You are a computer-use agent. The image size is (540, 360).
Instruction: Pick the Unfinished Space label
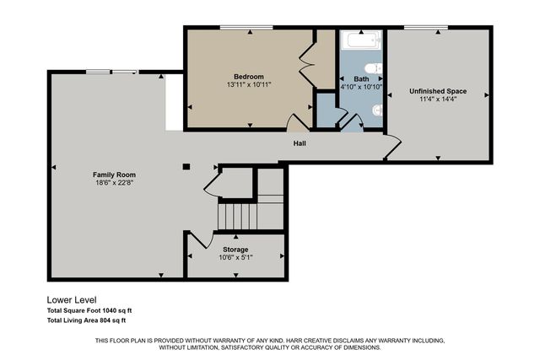pyautogui.click(x=438, y=91)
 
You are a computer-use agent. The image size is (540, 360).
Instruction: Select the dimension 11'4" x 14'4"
pyautogui.click(x=438, y=99)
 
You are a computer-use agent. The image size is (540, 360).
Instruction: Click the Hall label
pyautogui.click(x=300, y=143)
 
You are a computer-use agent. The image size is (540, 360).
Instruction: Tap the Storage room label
pyautogui.click(x=235, y=250)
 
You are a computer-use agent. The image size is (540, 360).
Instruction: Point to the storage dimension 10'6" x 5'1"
pyautogui.click(x=235, y=258)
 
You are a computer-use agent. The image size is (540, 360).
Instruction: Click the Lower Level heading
pyautogui.click(x=72, y=299)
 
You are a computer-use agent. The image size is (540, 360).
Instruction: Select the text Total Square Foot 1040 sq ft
pyautogui.click(x=89, y=310)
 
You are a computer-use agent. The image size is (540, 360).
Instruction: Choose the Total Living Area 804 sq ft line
pyautogui.click(x=86, y=320)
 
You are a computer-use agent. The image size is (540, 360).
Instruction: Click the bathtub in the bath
pyautogui.click(x=361, y=40)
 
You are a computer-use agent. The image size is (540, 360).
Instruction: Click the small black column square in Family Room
pyautogui.click(x=187, y=166)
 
